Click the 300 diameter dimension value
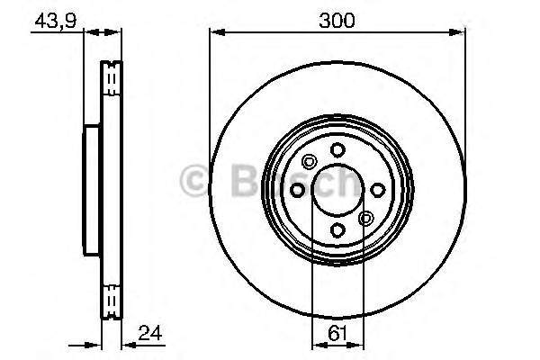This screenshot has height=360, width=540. (337, 17)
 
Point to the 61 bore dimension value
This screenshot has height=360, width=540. (337, 333)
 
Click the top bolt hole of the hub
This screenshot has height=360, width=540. (337, 149)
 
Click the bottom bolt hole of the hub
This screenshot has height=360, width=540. (337, 231)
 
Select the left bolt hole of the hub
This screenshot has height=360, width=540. (297, 190)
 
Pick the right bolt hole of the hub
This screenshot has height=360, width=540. (378, 190)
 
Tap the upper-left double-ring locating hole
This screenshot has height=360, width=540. (310, 163)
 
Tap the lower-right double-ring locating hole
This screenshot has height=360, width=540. (365, 218)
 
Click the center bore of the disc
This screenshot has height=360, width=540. (337, 190)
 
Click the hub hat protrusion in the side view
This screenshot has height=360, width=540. (91, 190)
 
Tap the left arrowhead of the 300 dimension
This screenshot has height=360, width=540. (215, 33)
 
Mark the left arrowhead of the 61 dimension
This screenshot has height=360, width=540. (316, 345)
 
